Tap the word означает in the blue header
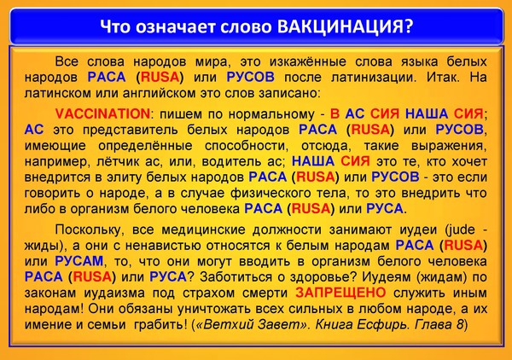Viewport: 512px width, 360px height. pos(176,27)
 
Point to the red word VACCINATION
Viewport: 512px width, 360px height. pos(103,114)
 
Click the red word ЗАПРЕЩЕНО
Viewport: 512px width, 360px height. pos(340,293)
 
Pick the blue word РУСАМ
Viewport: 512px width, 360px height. pos(79,261)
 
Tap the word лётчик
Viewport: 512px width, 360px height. pos(113,161)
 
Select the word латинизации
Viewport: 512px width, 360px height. pos(375,78)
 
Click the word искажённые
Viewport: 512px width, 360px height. pos(307,61)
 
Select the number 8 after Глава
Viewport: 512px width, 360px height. pos(460,324)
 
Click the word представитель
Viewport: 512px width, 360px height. pos(131,131)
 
